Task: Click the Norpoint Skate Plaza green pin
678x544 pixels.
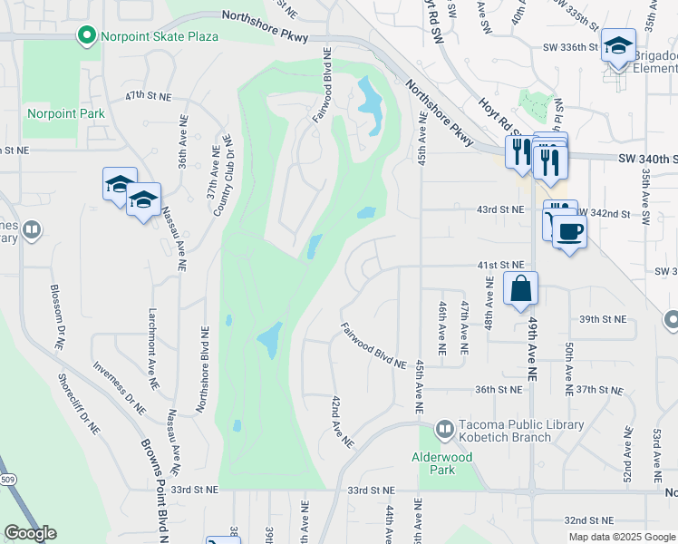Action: [x=87, y=36]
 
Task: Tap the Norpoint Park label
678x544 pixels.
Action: [x=66, y=113]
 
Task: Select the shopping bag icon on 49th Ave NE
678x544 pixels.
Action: [x=521, y=290]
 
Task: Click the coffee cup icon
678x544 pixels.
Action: [x=568, y=232]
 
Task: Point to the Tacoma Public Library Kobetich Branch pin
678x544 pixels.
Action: [x=445, y=427]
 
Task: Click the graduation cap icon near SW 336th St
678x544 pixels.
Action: [x=617, y=45]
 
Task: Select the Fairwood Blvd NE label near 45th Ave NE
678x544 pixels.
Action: [x=373, y=345]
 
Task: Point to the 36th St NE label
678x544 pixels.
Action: [x=498, y=390]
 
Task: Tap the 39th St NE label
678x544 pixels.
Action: [x=604, y=319]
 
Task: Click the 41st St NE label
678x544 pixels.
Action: [x=501, y=265]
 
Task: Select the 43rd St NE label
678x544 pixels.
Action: [x=501, y=209]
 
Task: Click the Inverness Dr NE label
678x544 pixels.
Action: [x=119, y=389]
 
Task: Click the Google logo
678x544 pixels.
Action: [x=30, y=533]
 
